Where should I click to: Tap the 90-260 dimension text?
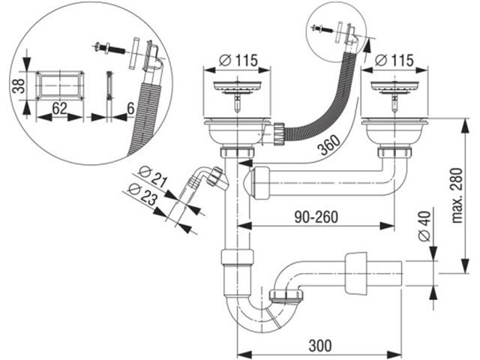[x=316, y=217]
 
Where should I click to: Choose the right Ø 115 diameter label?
[x=392, y=59]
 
